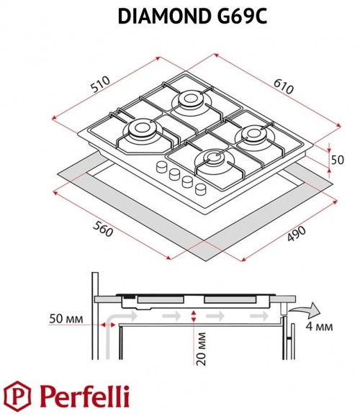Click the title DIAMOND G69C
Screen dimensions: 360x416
click(x=192, y=16)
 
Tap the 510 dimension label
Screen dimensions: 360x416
click(x=100, y=84)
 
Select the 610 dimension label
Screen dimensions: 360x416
click(x=284, y=86)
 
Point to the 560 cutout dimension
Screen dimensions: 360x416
click(x=103, y=229)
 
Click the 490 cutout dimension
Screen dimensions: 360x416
click(x=297, y=233)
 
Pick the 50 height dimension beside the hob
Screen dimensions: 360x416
click(x=338, y=160)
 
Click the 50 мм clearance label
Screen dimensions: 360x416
click(x=66, y=318)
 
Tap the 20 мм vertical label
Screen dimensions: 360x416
click(x=201, y=349)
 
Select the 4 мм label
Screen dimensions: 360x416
click(x=319, y=326)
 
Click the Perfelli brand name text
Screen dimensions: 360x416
click(x=84, y=397)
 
